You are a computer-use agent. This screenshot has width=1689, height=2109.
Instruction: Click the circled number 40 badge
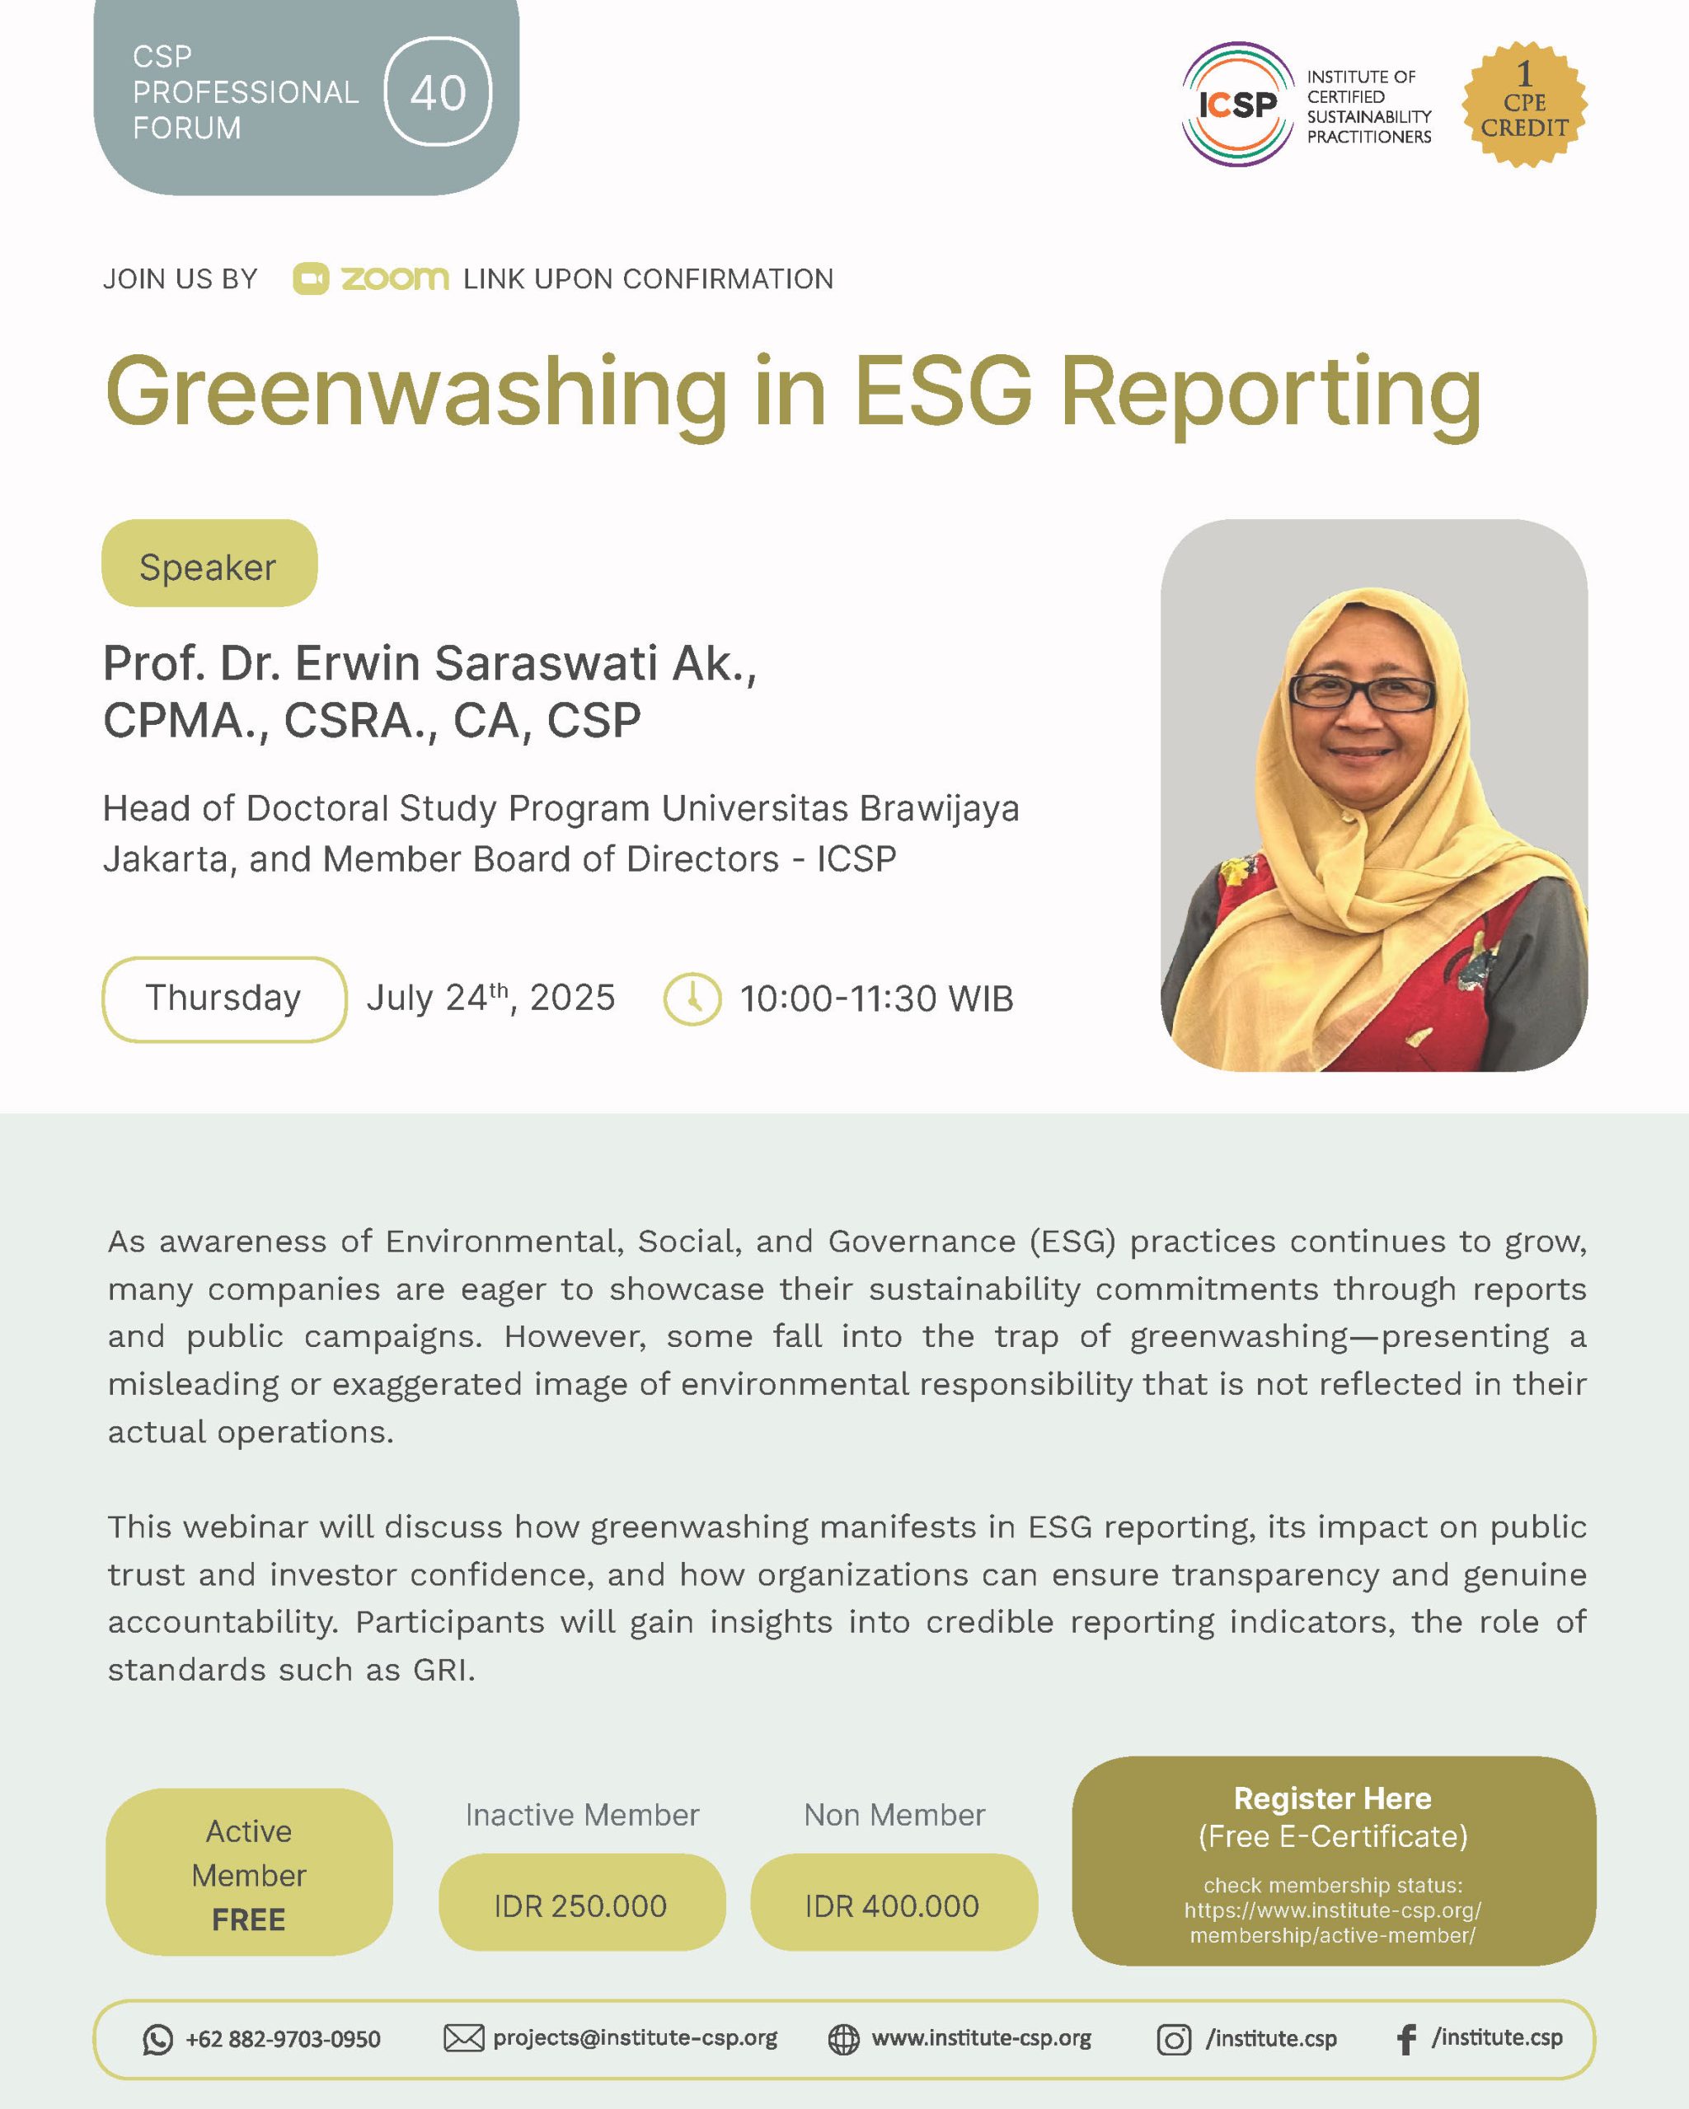pyautogui.click(x=438, y=92)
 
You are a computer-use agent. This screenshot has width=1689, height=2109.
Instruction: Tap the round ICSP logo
pyautogui.click(x=1238, y=104)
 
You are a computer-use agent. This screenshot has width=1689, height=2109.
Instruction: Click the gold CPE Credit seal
pyautogui.click(x=1523, y=104)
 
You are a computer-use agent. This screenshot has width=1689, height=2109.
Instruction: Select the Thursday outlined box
pyautogui.click(x=224, y=998)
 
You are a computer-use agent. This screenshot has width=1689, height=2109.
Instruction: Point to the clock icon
pyautogui.click(x=692, y=998)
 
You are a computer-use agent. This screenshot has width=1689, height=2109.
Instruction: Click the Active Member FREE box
pyautogui.click(x=249, y=1873)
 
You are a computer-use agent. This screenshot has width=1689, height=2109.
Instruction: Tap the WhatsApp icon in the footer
pyautogui.click(x=157, y=2039)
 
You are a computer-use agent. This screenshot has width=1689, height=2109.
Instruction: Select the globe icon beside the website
pyautogui.click(x=843, y=2039)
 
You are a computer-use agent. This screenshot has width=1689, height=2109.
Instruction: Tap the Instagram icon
pyautogui.click(x=1175, y=2039)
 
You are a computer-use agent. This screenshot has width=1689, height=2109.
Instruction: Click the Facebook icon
pyautogui.click(x=1406, y=2039)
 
